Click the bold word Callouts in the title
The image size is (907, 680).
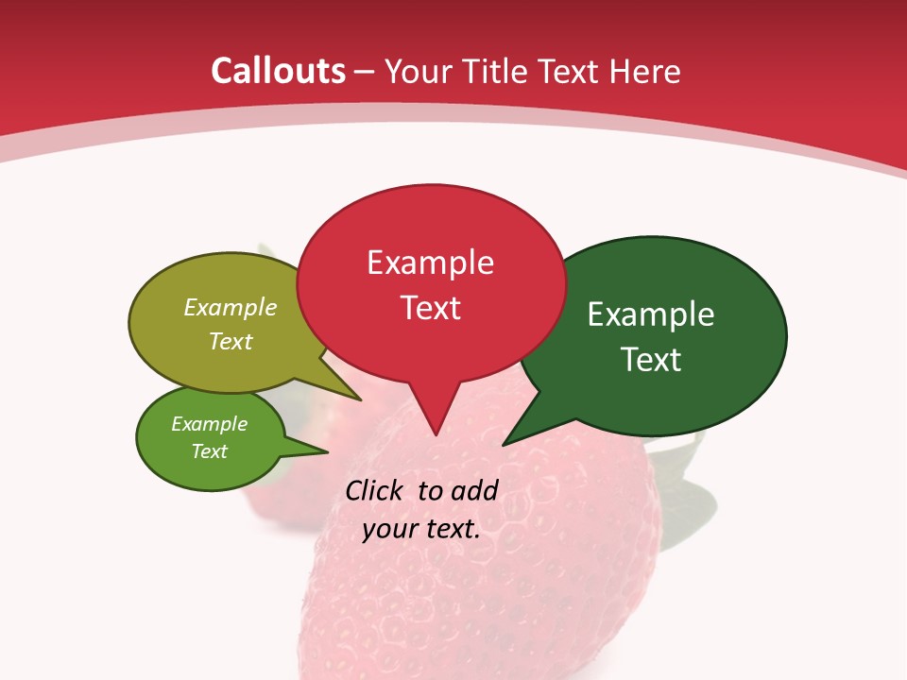(278, 71)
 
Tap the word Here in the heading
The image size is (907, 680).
(645, 71)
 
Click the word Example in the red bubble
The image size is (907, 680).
(430, 263)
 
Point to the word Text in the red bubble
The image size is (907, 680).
(430, 308)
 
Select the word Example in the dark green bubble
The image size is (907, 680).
(651, 314)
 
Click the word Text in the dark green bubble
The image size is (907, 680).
(651, 360)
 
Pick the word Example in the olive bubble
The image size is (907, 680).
(231, 308)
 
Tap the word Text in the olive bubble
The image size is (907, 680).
(231, 341)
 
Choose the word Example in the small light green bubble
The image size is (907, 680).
(209, 424)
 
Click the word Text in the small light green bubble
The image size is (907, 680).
(209, 451)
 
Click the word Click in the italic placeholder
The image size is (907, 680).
(375, 490)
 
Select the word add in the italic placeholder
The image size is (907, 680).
(473, 490)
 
